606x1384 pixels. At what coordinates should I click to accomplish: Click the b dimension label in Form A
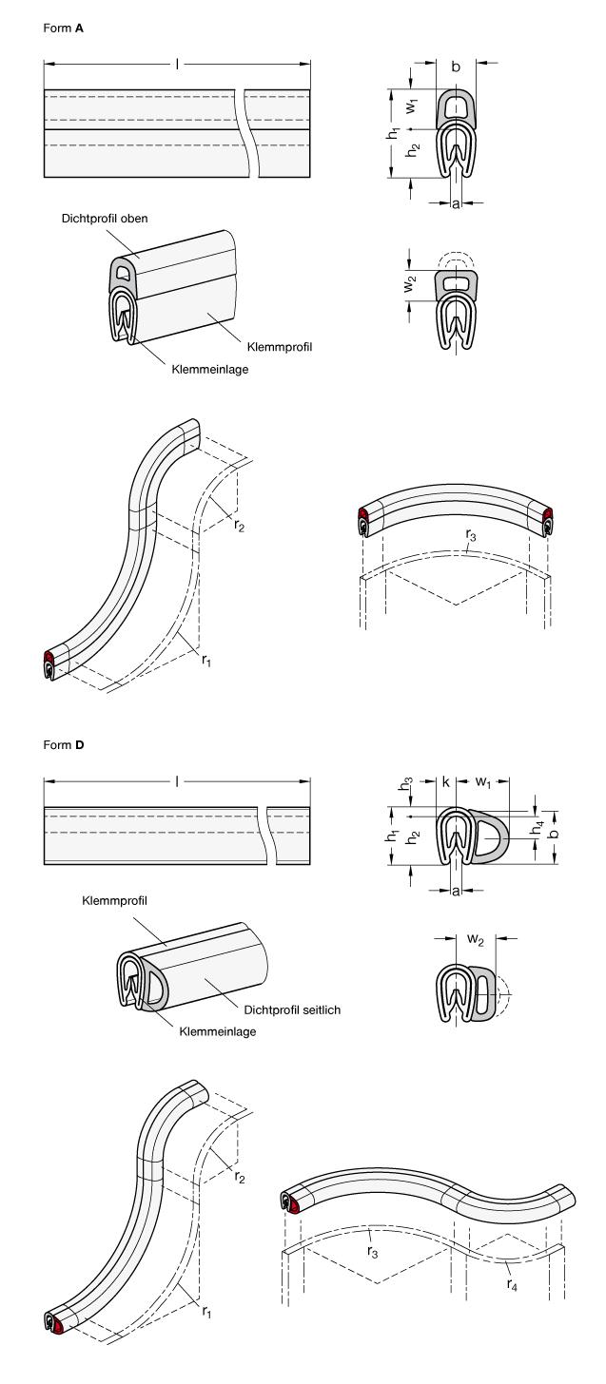[x=456, y=67]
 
